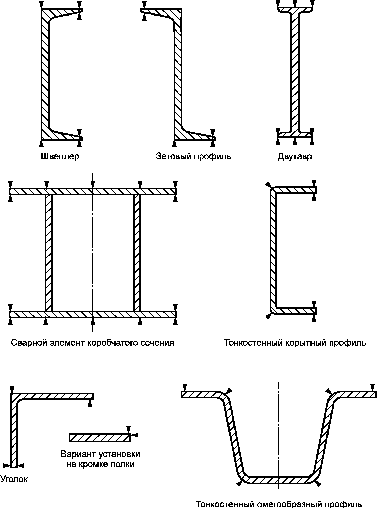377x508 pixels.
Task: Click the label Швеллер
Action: pos(60,156)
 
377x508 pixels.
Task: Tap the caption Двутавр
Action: pos(295,156)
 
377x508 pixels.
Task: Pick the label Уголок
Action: pos(14,479)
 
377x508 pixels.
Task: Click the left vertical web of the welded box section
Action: pos(49,253)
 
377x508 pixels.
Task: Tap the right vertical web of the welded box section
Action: pos(137,253)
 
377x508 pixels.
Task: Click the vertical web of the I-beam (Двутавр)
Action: pos(295,74)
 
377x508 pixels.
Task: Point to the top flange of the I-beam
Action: pos(295,10)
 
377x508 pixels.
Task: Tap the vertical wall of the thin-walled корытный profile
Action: pos(273,250)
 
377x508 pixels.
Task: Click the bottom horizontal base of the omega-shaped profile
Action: pos(279,480)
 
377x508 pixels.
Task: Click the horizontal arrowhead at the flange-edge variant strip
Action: pos(136,435)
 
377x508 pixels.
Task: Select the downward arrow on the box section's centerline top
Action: pos(93,185)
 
